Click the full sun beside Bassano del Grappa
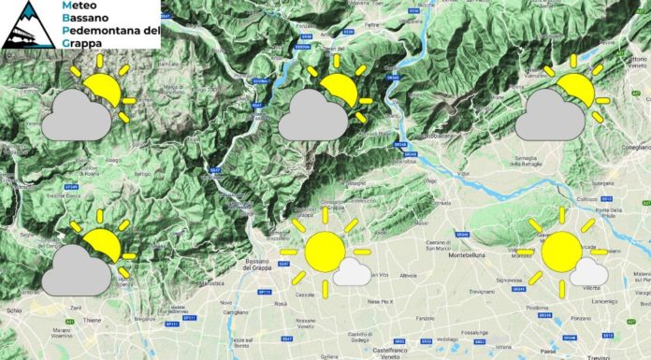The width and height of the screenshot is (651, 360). pyautogui.click(x=325, y=252)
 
